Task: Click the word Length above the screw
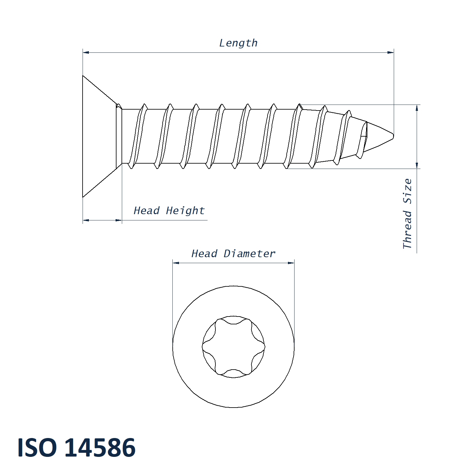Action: pos(238,43)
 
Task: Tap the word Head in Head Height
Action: pos(147,210)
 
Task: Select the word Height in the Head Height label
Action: pos(185,211)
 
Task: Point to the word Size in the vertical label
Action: pos(407,191)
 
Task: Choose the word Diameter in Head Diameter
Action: pos(250,253)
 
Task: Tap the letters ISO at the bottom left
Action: pos(37,447)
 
